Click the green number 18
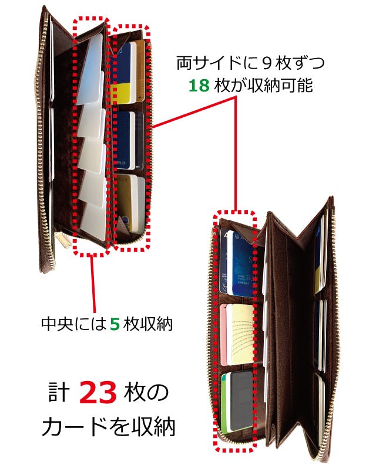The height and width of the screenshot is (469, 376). [x=199, y=86]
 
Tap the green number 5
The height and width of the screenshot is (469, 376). [x=115, y=324]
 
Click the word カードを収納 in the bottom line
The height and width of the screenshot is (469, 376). [x=108, y=427]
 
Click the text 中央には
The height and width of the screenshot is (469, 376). [x=74, y=324]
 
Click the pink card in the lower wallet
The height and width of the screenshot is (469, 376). [x=224, y=334]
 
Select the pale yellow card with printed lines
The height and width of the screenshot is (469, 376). [x=242, y=334]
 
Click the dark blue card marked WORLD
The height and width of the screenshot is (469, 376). [x=123, y=141]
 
